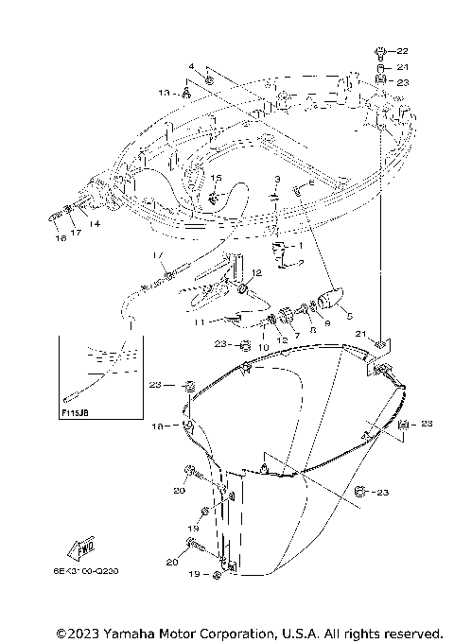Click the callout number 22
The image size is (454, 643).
pos(402,51)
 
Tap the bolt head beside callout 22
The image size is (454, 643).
pos(379,50)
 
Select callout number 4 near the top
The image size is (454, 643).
pos(190,66)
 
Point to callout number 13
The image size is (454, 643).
pos(164,93)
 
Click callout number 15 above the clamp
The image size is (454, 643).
pos(216,178)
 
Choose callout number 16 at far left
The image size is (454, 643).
pos(61,240)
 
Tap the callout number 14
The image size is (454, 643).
pos(95,223)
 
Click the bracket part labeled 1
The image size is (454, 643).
pos(281,251)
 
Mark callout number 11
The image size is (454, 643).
pos(201,321)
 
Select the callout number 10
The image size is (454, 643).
pos(264,347)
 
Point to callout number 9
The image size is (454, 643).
pos(328,323)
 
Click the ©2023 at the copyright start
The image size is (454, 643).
pos(78,632)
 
